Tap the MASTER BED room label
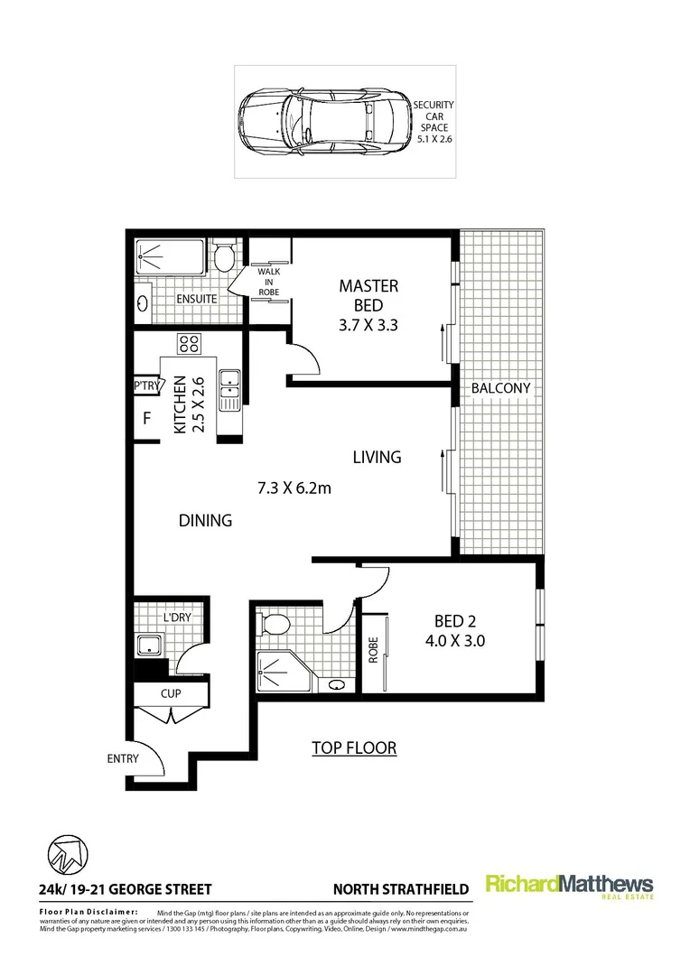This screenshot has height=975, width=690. pyautogui.click(x=368, y=295)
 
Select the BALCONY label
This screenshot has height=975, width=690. pyautogui.click(x=500, y=388)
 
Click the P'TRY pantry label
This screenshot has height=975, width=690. pyautogui.click(x=145, y=386)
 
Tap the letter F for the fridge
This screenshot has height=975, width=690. pyautogui.click(x=145, y=419)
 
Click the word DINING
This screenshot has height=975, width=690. pyautogui.click(x=205, y=521)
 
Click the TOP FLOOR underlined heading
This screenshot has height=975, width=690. pyautogui.click(x=354, y=747)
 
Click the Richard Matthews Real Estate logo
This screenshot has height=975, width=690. pyautogui.click(x=569, y=887)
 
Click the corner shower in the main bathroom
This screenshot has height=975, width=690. pyautogui.click(x=277, y=671)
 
